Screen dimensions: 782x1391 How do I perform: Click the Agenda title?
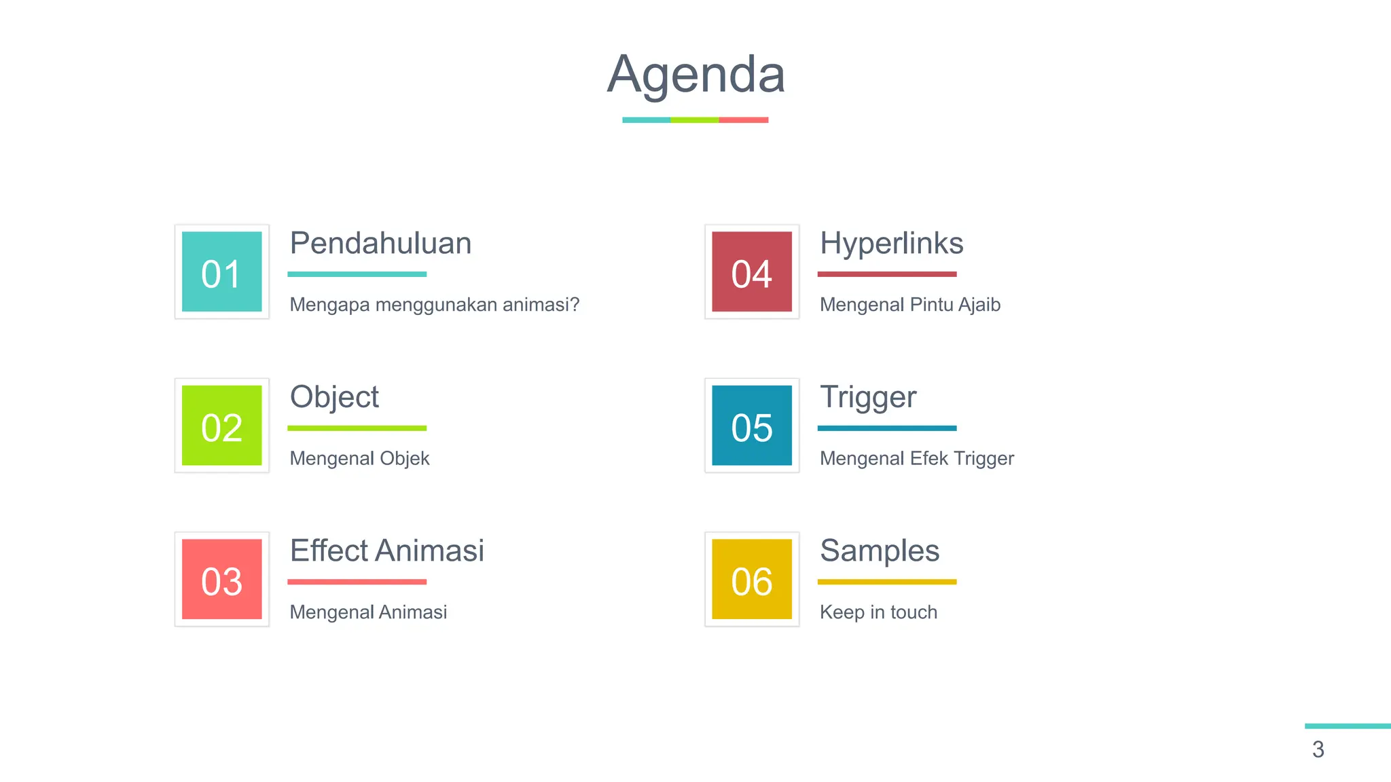tap(695, 74)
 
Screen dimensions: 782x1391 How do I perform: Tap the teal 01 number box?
tap(221, 272)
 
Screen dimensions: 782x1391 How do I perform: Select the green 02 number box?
tap(221, 426)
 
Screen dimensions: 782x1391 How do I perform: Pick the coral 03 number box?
tap(221, 579)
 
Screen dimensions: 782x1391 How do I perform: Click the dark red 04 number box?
tap(752, 272)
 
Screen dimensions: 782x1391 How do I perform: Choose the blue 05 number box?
tap(752, 426)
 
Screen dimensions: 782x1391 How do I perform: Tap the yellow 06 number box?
tap(752, 579)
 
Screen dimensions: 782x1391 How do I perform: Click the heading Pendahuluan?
tap(380, 243)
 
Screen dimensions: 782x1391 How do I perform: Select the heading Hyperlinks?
tap(891, 244)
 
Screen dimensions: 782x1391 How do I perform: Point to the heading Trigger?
tap(868, 397)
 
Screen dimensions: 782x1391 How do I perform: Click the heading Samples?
tap(880, 551)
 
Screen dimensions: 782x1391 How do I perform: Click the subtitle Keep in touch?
tap(878, 612)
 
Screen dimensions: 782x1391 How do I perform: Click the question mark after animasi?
tap(575, 304)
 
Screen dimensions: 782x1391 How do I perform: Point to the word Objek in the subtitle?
tap(404, 459)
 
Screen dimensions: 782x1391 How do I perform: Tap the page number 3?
tap(1318, 749)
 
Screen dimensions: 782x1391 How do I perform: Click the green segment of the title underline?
tap(694, 120)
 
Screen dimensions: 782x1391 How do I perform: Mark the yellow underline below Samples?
tap(886, 582)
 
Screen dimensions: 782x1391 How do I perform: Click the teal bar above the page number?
tap(1348, 726)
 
